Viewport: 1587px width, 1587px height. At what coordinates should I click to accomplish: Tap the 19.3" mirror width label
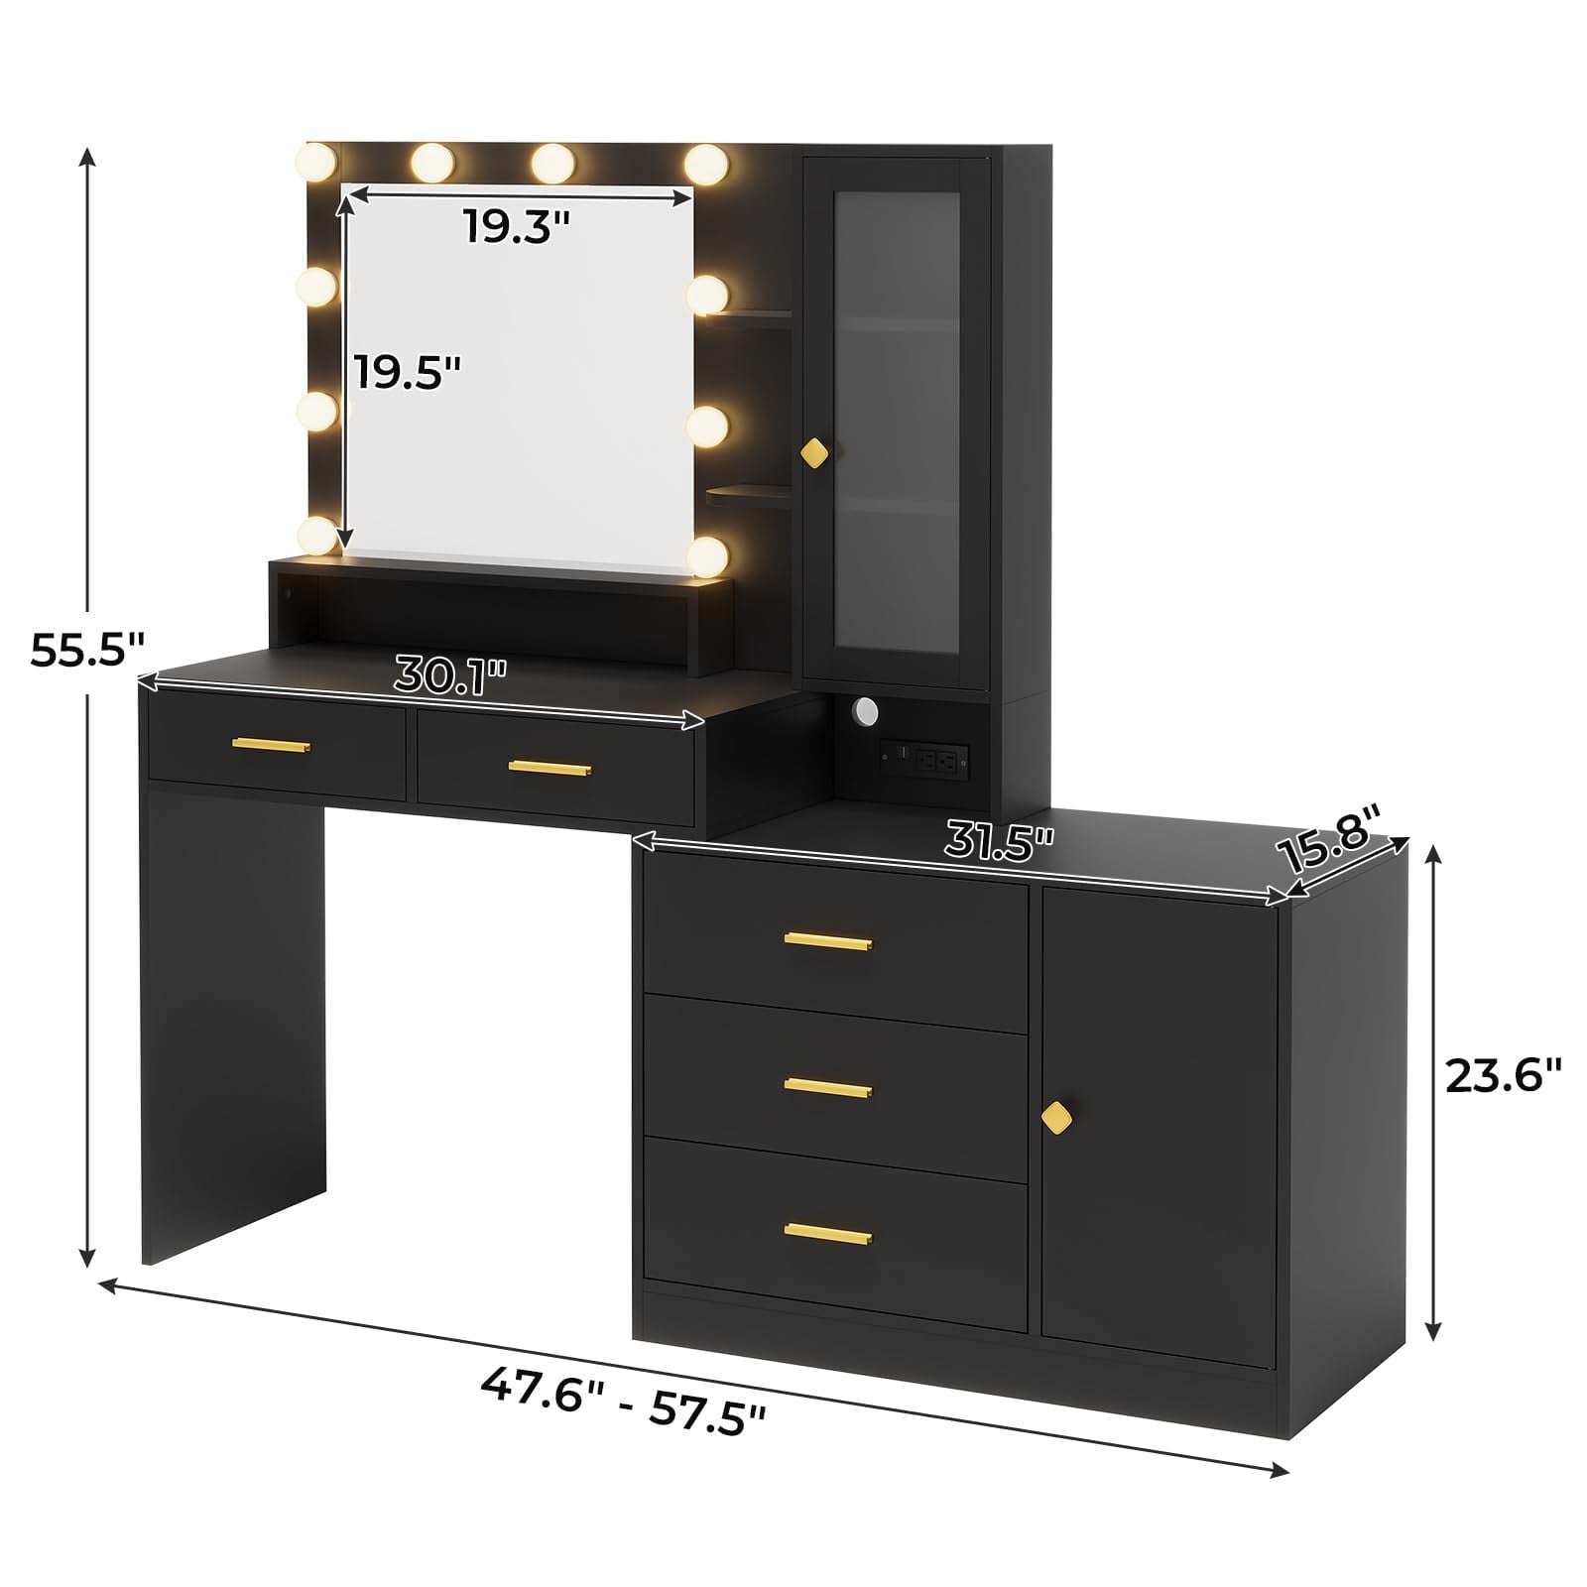(x=518, y=227)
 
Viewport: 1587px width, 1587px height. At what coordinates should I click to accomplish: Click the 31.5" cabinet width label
(x=999, y=841)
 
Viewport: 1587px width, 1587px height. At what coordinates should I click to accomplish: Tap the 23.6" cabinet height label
(x=1503, y=1075)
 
